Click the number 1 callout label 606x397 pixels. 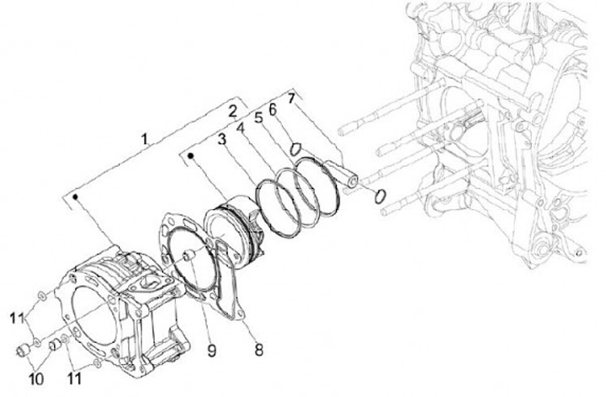pos(145,137)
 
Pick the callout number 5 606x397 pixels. pos(258,119)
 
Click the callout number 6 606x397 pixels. pos(273,110)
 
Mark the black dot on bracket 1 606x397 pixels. pos(77,196)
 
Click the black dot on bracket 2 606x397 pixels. pos(192,155)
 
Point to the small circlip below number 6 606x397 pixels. pos(295,148)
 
